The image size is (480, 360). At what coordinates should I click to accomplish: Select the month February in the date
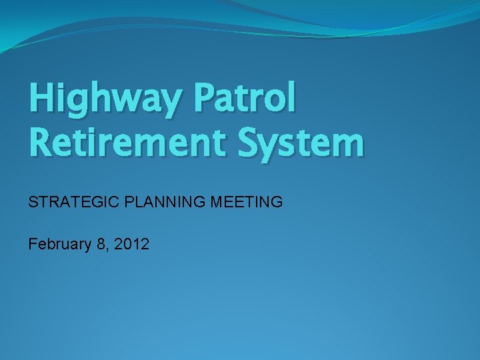click(59, 245)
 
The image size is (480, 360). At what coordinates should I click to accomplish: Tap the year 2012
click(131, 244)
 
